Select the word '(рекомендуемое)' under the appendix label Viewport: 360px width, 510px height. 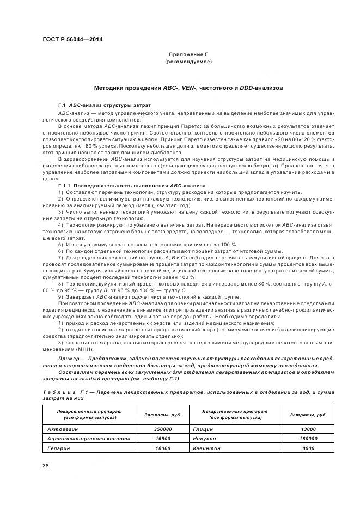coord(188,62)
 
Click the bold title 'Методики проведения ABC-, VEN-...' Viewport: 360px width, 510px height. coord(188,87)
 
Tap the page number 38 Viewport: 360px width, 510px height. coord(45,465)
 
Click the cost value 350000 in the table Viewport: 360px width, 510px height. coord(162,429)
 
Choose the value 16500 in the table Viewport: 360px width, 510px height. coord(163,438)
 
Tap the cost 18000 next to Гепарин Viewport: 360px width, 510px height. coord(163,447)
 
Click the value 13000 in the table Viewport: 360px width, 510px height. coord(308,429)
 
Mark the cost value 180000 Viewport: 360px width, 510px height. coord(308,438)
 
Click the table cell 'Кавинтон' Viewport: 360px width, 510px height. coord(206,447)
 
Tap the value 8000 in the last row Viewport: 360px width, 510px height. coord(308,447)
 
